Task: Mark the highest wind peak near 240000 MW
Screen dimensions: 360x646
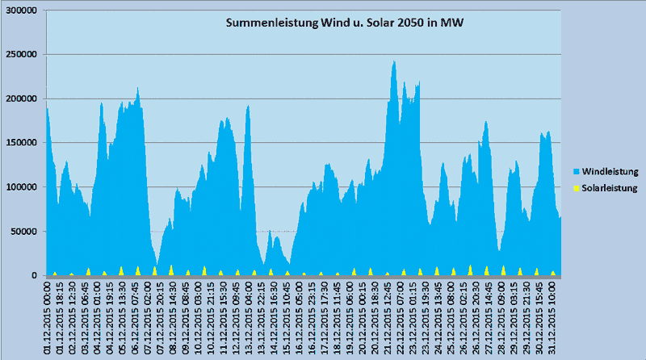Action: (x=394, y=62)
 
